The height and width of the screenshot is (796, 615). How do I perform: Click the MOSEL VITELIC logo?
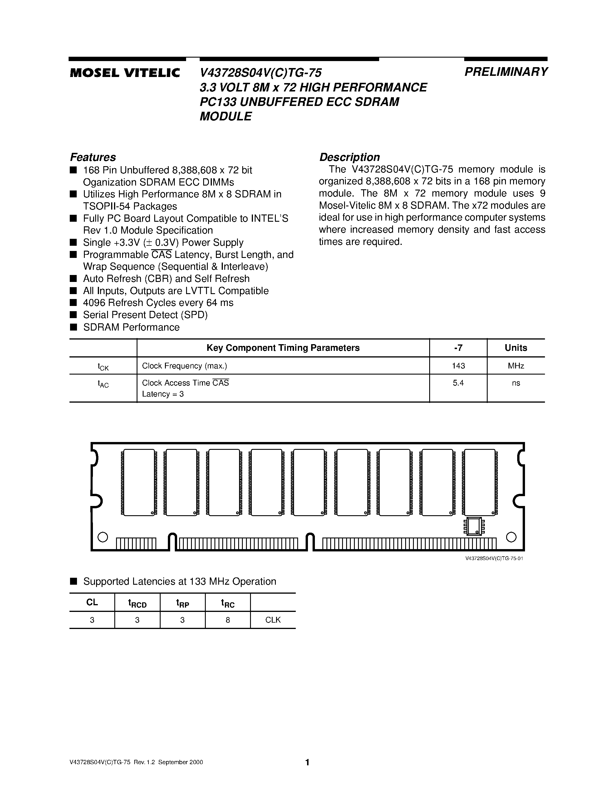click(x=125, y=73)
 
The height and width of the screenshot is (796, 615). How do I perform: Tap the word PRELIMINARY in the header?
click(x=506, y=72)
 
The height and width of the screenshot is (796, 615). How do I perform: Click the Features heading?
click(x=93, y=157)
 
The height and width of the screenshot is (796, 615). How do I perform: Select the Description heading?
click(x=349, y=157)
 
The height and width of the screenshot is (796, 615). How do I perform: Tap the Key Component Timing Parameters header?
click(x=283, y=348)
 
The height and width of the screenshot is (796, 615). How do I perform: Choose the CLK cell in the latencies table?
click(x=273, y=620)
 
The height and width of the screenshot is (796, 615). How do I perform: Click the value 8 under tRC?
click(x=228, y=620)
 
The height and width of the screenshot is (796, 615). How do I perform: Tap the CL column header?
click(x=92, y=602)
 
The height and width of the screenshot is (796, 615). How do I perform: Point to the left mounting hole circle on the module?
click(x=103, y=537)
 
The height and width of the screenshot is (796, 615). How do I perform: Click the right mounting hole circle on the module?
click(x=511, y=537)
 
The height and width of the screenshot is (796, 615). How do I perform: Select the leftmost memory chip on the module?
click(x=139, y=482)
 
